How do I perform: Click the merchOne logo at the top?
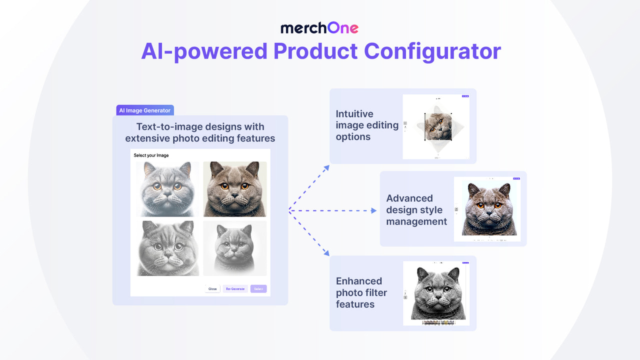tap(319, 28)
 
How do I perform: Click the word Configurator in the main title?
tap(432, 51)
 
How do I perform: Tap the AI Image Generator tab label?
tap(144, 110)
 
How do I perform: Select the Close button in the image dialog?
tap(212, 289)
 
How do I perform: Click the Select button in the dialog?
tap(258, 289)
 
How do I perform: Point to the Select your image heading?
tap(151, 155)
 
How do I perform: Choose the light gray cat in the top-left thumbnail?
tap(167, 188)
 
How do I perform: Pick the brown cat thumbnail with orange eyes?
tap(235, 188)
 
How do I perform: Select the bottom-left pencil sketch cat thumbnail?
tap(167, 248)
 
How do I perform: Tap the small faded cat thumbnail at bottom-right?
tap(235, 248)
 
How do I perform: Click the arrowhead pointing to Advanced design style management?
tap(373, 211)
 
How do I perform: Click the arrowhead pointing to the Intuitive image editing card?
tap(326, 167)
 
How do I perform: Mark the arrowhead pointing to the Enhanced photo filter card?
tap(326, 253)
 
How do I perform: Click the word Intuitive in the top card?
tap(354, 114)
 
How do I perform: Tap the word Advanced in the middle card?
tap(409, 198)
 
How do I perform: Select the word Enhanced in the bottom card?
tap(359, 281)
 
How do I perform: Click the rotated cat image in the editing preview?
tap(438, 127)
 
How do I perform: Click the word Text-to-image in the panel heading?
tap(168, 127)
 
